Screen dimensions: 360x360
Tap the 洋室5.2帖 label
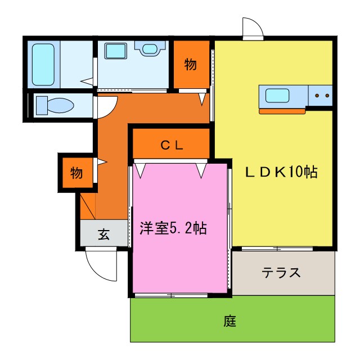173,228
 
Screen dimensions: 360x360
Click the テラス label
281,273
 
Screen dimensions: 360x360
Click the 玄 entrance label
104,235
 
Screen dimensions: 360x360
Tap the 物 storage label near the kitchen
191,65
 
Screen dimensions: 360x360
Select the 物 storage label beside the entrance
76,173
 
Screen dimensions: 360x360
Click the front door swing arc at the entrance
101,264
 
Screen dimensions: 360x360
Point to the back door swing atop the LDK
253,29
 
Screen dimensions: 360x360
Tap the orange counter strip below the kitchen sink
282,111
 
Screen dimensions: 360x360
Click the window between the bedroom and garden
171,295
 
